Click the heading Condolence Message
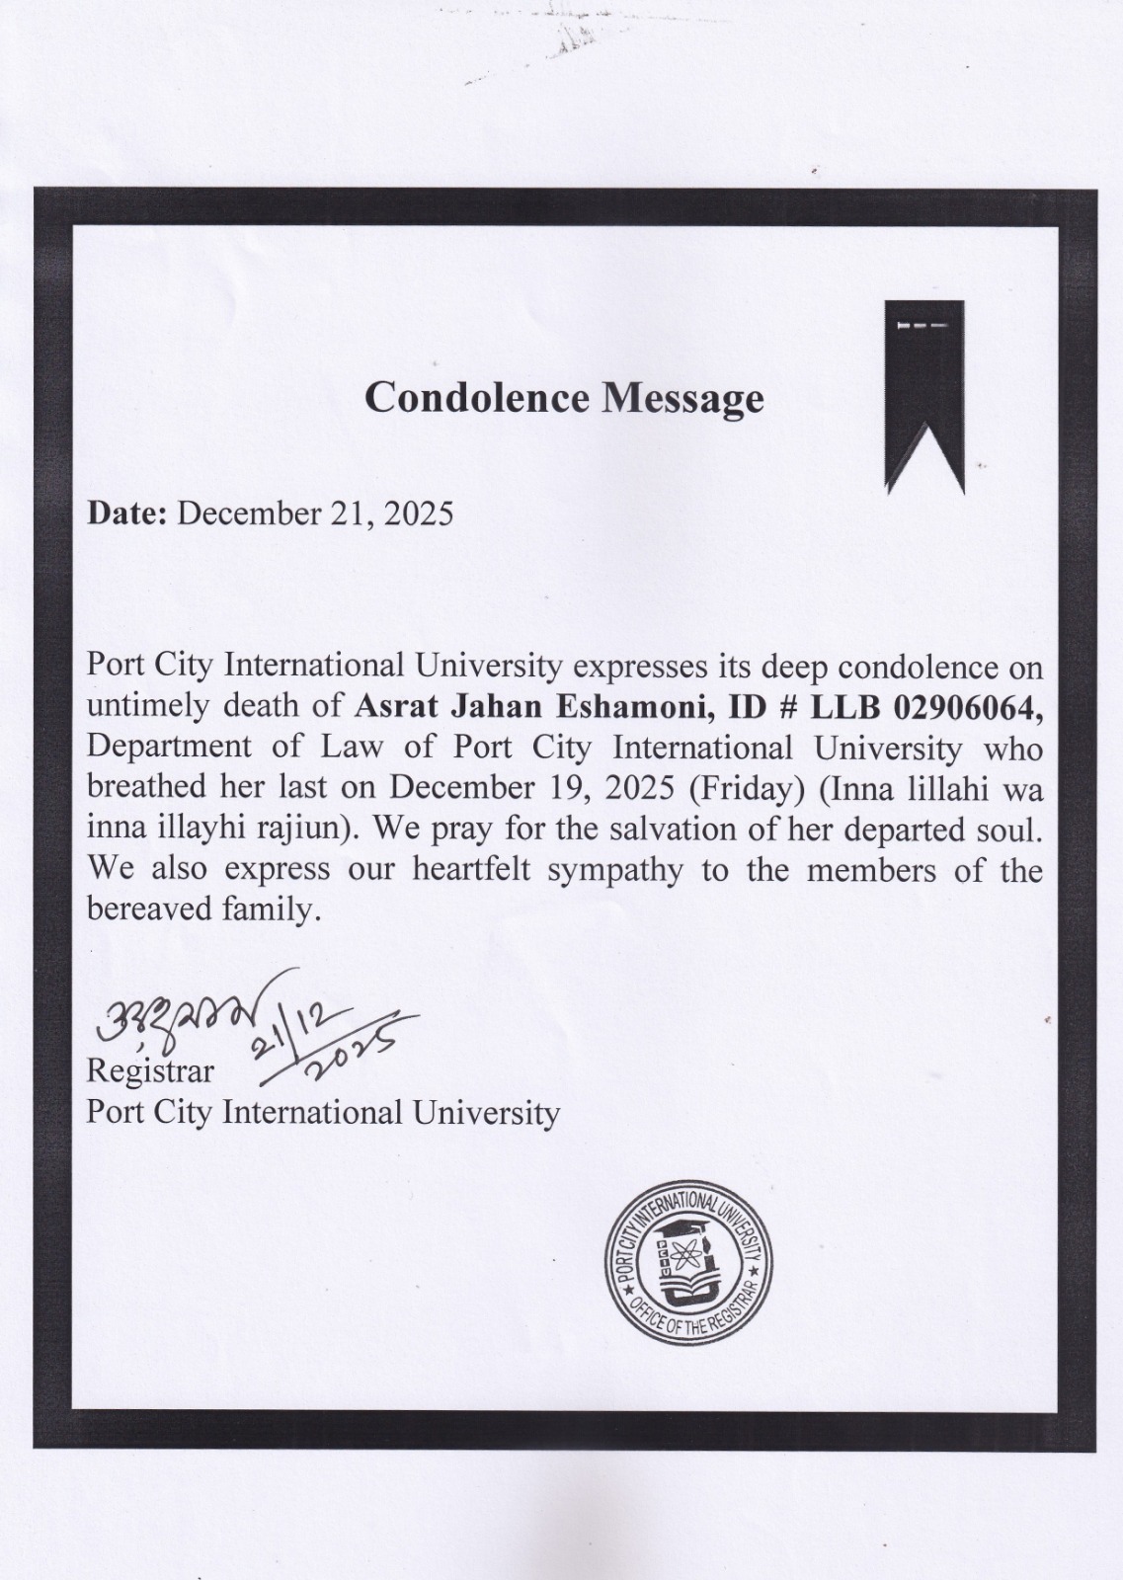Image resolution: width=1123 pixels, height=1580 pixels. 564,397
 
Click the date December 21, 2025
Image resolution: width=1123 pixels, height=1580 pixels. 315,513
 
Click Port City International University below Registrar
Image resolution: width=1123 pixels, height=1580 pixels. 323,1113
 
